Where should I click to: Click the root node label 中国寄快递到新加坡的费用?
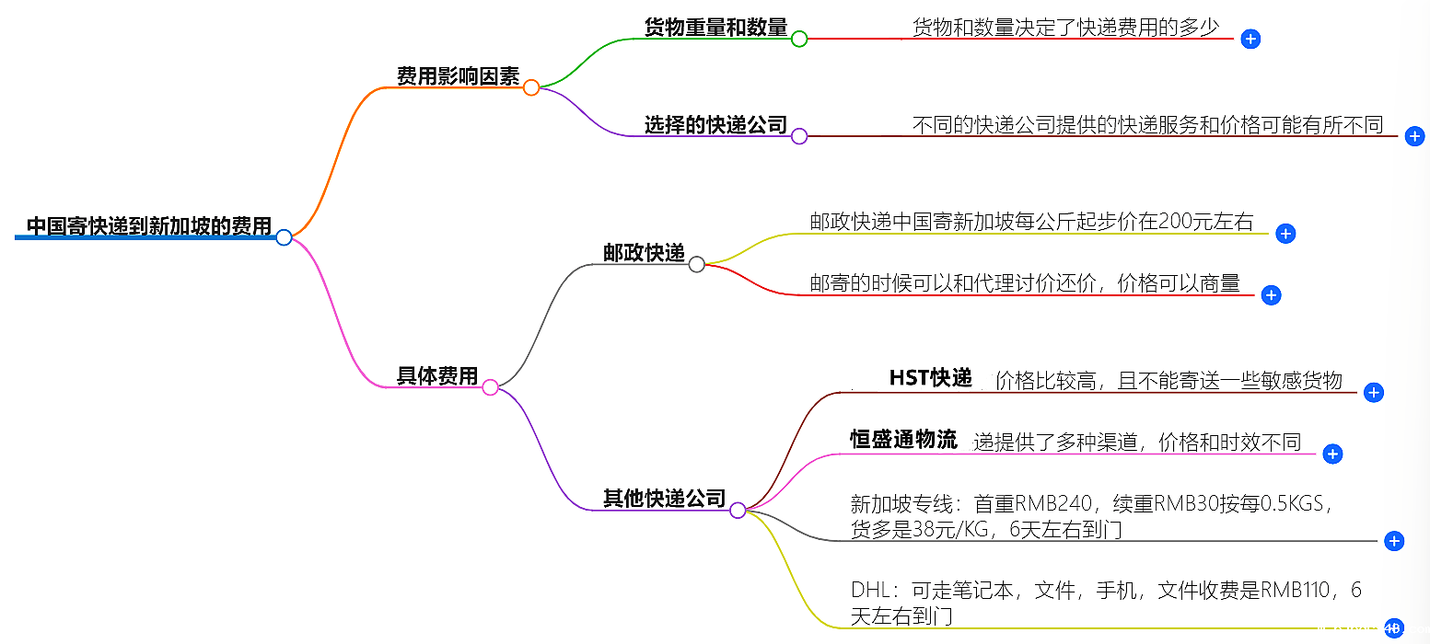coord(148,225)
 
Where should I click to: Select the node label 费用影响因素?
coord(458,76)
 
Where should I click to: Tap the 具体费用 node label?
coord(437,375)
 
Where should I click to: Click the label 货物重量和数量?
coord(715,28)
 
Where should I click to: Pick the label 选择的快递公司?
coord(715,125)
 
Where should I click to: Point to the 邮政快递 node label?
coord(645,253)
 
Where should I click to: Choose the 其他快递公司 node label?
coord(664,499)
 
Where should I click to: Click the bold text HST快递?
coord(930,378)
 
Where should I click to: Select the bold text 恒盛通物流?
coord(903,440)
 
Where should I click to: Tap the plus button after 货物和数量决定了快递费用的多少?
coord(1250,39)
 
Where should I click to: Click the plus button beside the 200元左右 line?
coord(1286,234)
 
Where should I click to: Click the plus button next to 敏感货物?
coord(1373,393)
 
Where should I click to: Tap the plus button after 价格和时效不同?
coord(1332,454)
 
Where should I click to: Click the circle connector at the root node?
coord(284,237)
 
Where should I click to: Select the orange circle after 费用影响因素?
coord(531,87)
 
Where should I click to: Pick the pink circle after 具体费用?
coord(491,387)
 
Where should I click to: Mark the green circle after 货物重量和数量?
coord(799,39)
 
